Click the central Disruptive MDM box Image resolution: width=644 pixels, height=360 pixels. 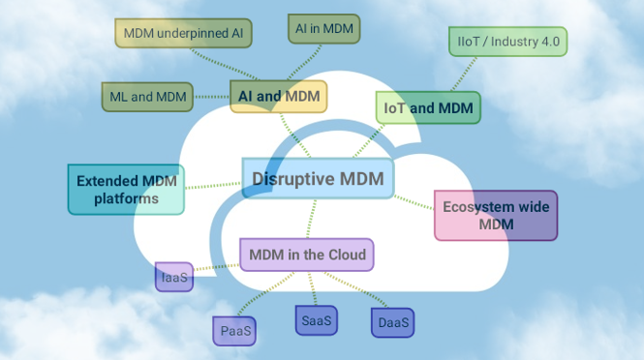click(x=318, y=179)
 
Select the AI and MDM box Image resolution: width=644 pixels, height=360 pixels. click(x=279, y=96)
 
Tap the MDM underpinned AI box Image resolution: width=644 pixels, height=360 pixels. click(x=184, y=33)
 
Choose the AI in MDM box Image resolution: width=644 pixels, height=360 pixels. click(x=323, y=29)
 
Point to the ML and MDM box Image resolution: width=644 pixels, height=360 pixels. click(x=147, y=96)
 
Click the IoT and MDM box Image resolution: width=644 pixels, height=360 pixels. click(x=429, y=108)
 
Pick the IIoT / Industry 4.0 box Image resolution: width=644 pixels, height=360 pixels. click(x=507, y=42)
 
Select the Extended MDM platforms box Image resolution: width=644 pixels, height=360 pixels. click(x=125, y=189)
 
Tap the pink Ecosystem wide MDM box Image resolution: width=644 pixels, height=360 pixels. click(x=495, y=216)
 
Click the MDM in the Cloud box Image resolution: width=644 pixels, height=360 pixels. click(x=307, y=255)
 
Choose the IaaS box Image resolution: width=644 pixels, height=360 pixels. click(x=174, y=277)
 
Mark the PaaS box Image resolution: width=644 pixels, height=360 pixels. click(x=235, y=331)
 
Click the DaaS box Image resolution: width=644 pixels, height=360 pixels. click(x=391, y=322)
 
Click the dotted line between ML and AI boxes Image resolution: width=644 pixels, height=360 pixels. click(x=211, y=96)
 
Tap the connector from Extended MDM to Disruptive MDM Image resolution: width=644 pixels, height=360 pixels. click(x=213, y=183)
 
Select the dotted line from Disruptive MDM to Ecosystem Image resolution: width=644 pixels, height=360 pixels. click(x=414, y=201)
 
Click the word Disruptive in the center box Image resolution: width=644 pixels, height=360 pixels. click(x=290, y=179)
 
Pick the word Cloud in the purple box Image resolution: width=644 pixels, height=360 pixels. click(x=346, y=255)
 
